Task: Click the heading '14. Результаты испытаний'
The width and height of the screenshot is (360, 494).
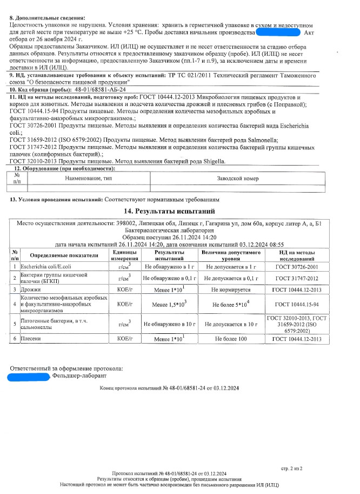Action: pos(170,211)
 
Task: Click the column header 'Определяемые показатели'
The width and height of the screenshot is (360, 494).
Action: pos(64,255)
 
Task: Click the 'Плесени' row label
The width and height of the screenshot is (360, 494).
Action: pos(30,338)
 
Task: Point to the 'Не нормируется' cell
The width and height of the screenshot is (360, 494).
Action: pos(230,289)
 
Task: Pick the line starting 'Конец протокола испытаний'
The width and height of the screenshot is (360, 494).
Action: pos(169,388)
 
